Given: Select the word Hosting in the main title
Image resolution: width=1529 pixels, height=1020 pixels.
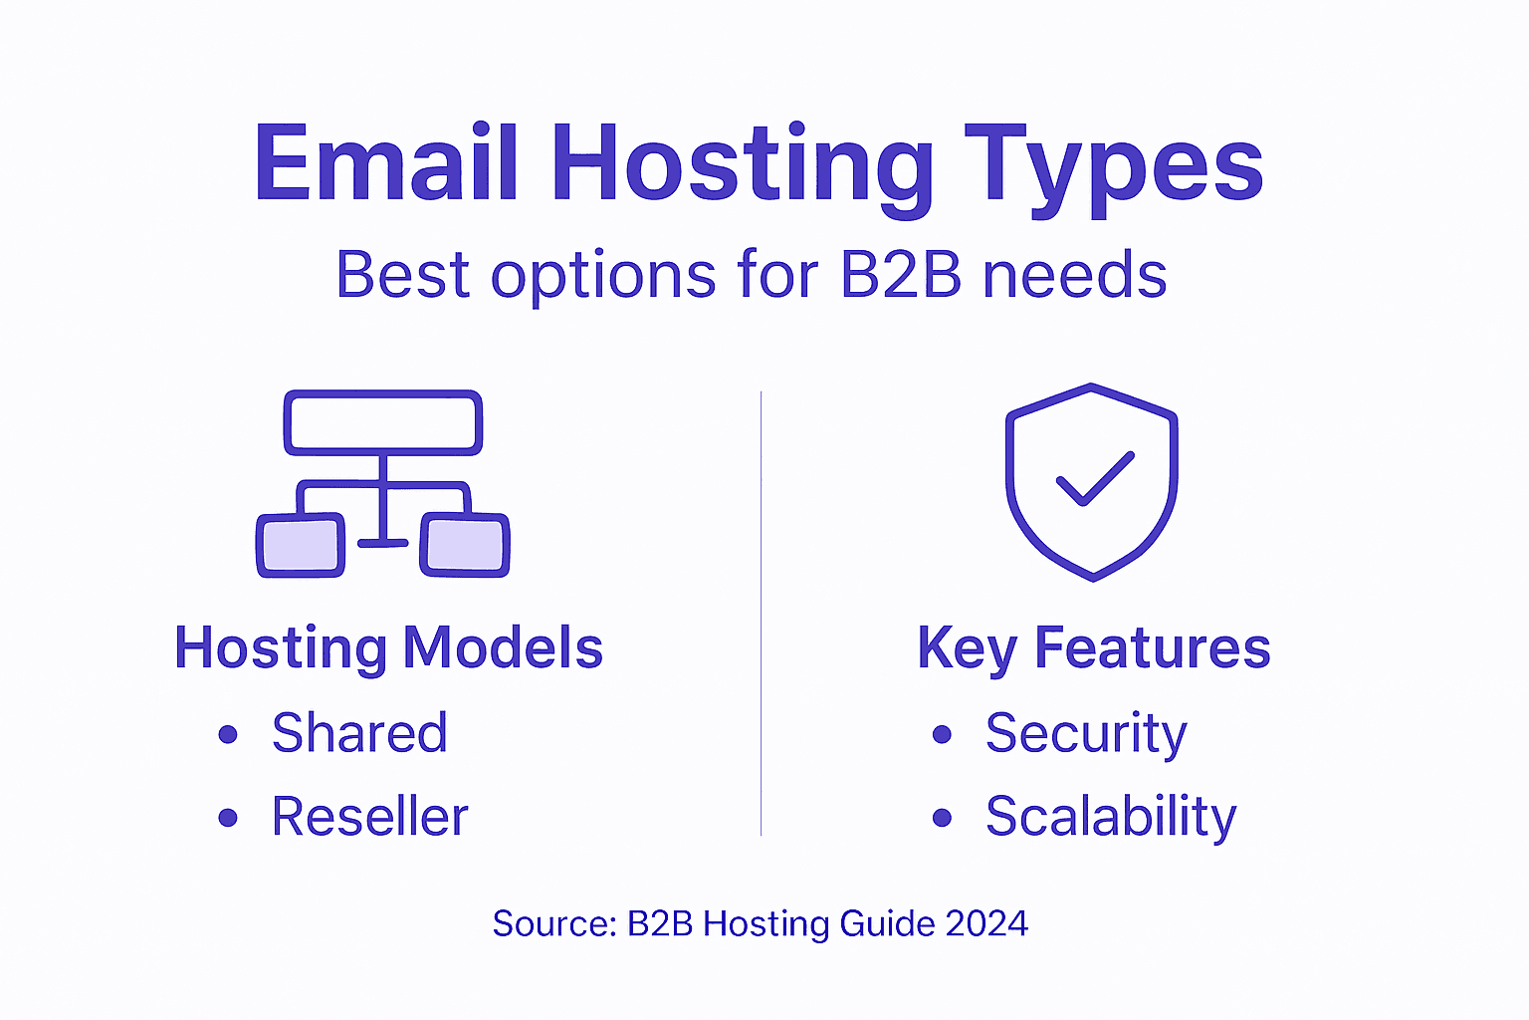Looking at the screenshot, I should click(x=742, y=164).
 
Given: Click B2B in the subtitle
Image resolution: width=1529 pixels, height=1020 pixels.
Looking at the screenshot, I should click(x=901, y=274).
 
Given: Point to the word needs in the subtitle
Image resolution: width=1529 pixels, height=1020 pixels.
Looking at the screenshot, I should click(x=1075, y=274).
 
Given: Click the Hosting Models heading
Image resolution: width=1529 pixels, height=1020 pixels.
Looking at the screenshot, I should click(x=388, y=647).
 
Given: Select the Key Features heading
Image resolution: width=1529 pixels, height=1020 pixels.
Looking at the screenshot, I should click(x=1094, y=647).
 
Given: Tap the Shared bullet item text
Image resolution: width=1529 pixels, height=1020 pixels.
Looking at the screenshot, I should click(x=359, y=733).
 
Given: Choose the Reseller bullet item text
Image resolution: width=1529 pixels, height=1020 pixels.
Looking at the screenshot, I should click(x=369, y=817).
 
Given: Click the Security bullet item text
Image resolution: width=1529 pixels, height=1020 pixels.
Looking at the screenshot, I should click(x=1086, y=733).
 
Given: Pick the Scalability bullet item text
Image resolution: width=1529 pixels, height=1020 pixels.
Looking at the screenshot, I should click(x=1111, y=817).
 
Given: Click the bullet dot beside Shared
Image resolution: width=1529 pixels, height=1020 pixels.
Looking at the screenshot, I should click(x=228, y=735).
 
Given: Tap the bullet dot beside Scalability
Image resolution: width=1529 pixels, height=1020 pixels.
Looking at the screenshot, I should click(x=942, y=819).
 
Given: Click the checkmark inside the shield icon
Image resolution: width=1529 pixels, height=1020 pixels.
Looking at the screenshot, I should click(x=1094, y=479).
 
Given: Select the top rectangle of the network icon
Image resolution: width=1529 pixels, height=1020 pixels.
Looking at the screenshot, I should click(x=383, y=422).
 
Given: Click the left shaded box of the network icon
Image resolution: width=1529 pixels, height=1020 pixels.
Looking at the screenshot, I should click(x=301, y=545).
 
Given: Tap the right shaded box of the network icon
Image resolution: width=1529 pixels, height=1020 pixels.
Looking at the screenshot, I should click(x=465, y=545).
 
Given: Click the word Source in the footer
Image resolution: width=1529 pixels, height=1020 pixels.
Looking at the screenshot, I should click(x=552, y=923).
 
